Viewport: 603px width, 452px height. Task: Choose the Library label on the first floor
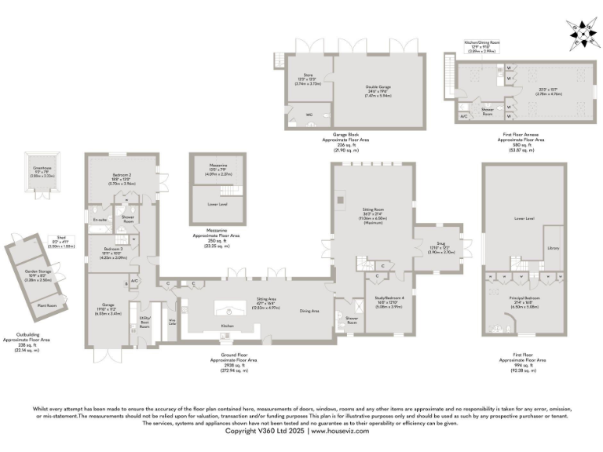[552, 248]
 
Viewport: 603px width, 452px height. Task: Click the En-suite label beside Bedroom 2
[99, 221]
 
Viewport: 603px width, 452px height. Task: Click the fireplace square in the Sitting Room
[341, 199]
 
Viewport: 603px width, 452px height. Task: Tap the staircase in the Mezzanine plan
[229, 191]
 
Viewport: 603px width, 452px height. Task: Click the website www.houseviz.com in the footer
[339, 431]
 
